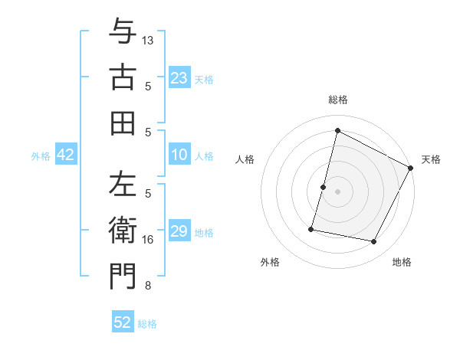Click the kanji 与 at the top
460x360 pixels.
[122, 32]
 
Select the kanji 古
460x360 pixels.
[122, 77]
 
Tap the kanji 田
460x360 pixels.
[122, 123]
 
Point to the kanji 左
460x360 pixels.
[122, 185]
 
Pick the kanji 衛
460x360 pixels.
[122, 230]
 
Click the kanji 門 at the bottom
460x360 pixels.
[122, 276]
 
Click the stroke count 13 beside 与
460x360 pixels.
[148, 40]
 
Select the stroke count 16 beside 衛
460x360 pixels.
[148, 240]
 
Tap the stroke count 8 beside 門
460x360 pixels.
[148, 286]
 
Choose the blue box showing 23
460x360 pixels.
[179, 77]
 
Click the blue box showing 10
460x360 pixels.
[179, 155]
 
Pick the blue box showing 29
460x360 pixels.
[179, 231]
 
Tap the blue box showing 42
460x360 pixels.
[66, 155]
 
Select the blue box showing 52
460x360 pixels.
[123, 322]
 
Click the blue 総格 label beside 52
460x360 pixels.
[147, 324]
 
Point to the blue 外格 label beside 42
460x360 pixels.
[41, 156]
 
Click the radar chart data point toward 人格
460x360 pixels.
[324, 187]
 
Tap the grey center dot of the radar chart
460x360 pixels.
[338, 191]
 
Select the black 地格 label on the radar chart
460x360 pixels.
[402, 262]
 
